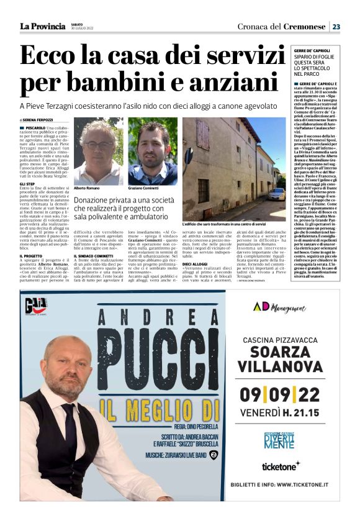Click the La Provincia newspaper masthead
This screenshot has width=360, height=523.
click(x=42, y=26)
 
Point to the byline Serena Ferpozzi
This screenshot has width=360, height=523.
click(x=38, y=120)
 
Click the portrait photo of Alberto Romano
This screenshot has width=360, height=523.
click(x=98, y=152)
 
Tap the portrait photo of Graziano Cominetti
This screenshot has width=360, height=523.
click(x=152, y=152)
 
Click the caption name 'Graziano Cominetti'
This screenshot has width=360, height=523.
click(x=143, y=188)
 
